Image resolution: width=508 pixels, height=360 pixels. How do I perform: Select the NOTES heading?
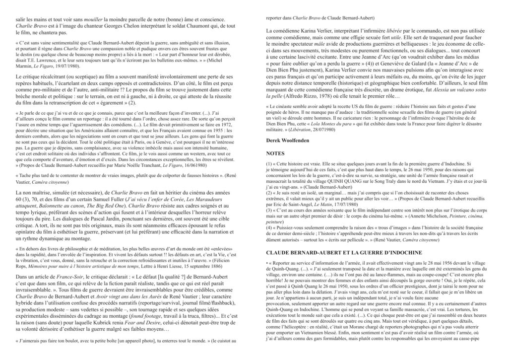click(275, 153)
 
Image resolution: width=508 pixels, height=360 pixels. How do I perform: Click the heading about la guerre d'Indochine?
click(344, 252)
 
